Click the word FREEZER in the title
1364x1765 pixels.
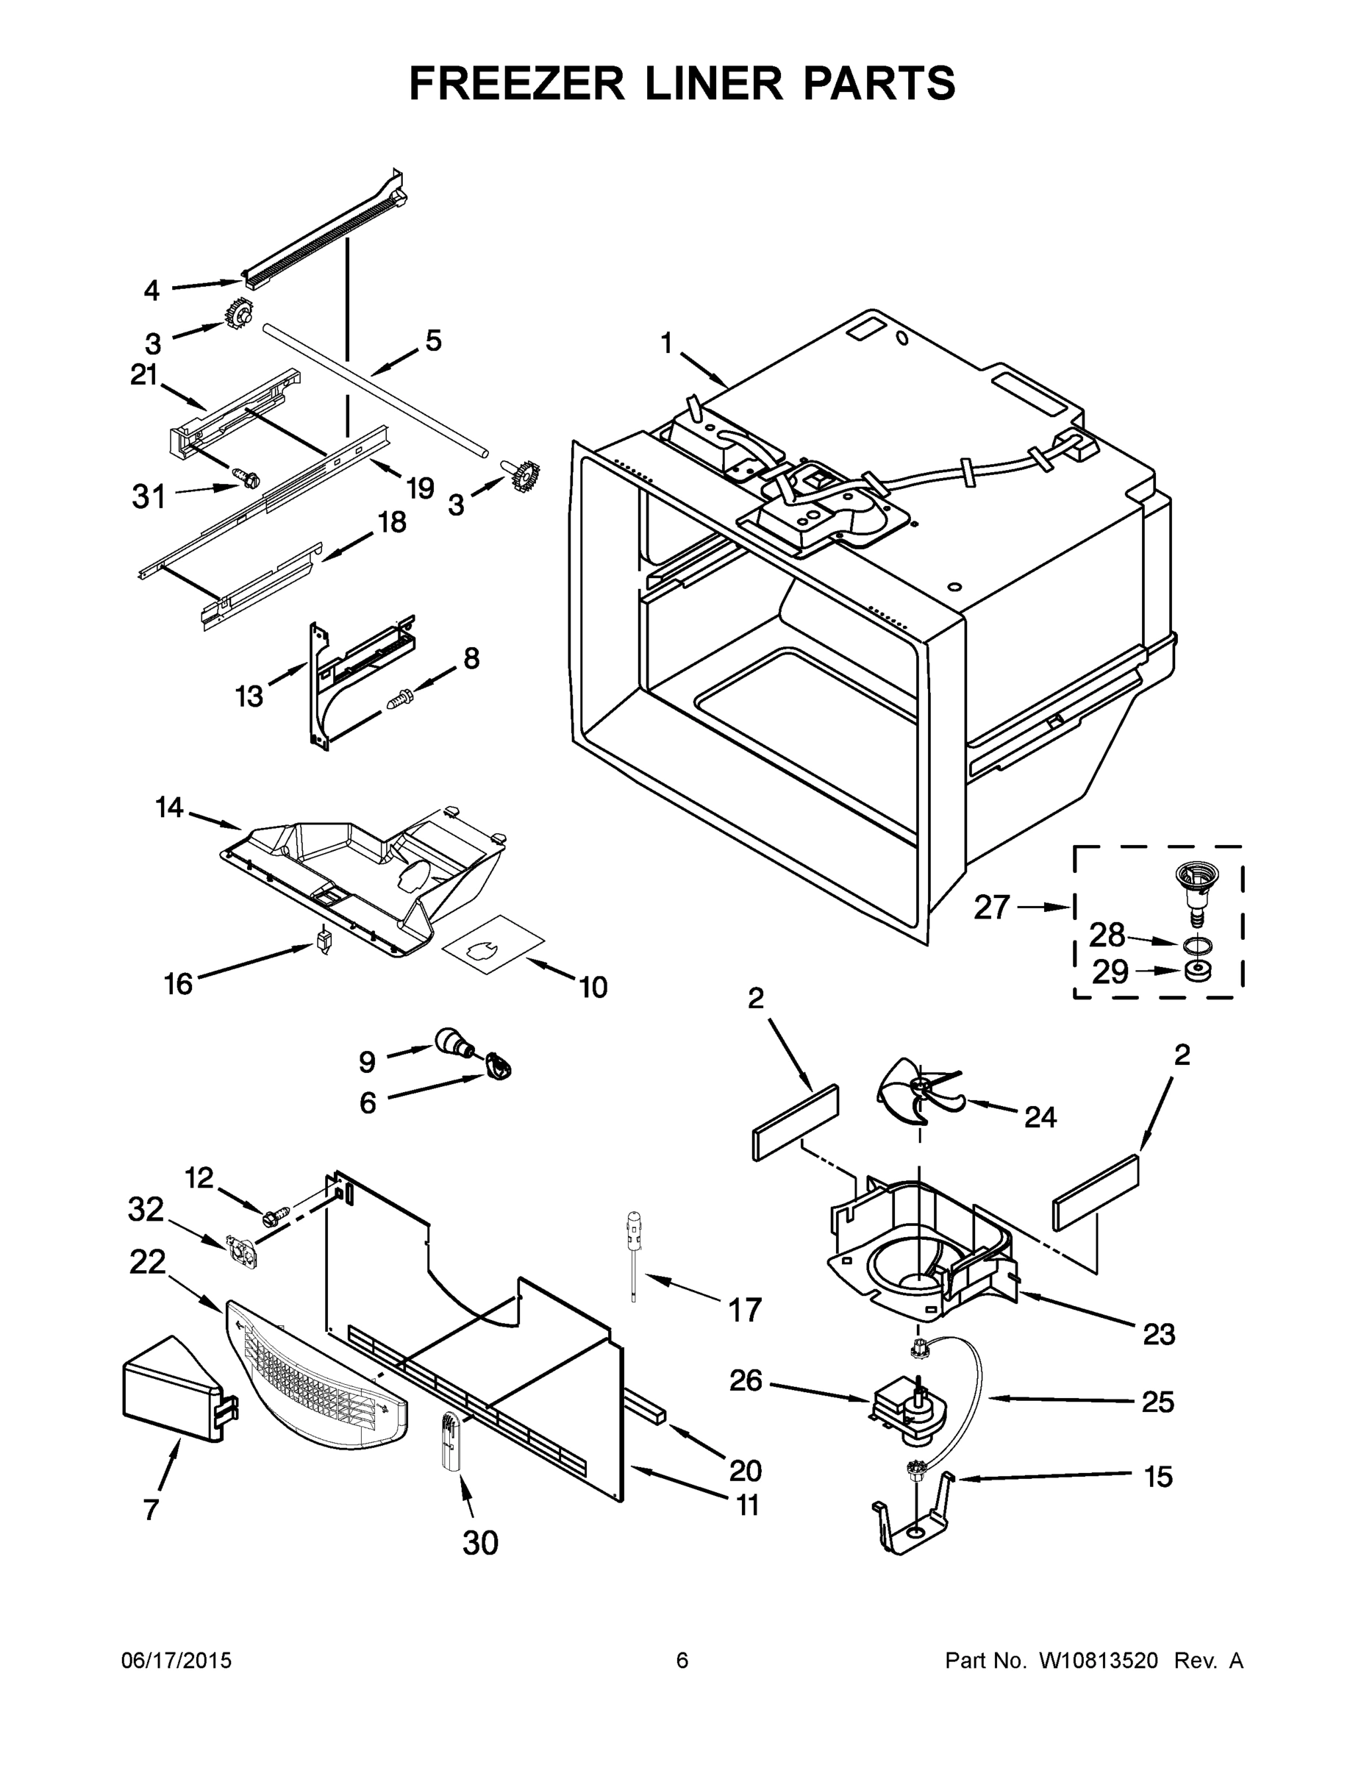[x=516, y=83]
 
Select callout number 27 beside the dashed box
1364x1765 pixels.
[x=992, y=908]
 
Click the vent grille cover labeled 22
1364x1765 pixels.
[x=315, y=1374]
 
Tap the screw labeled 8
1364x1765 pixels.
[x=401, y=698]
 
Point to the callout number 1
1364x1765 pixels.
[x=667, y=343]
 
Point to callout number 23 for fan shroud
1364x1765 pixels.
[x=1158, y=1333]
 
